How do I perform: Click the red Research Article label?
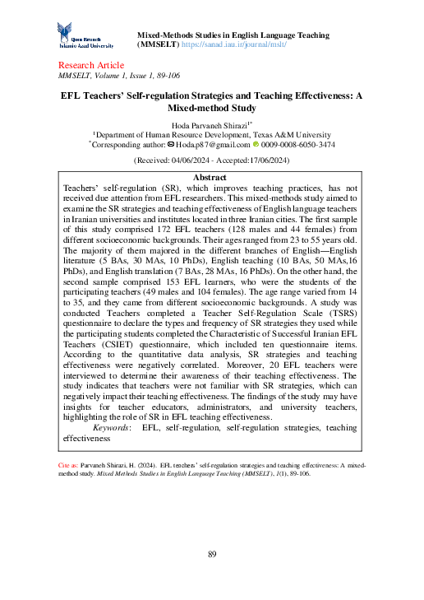[91, 65]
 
